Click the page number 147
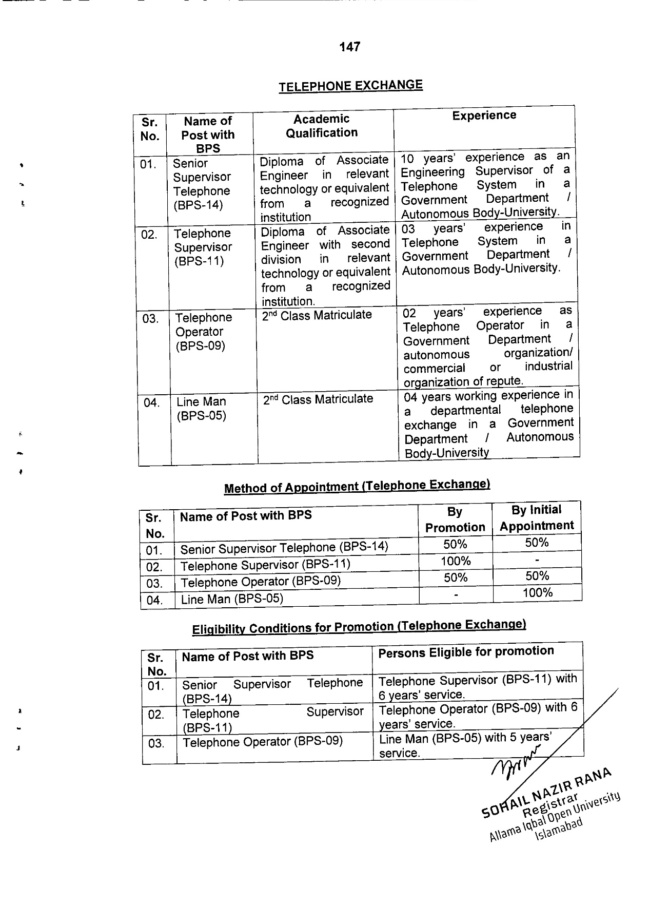pos(349,47)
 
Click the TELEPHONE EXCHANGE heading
pos(351,86)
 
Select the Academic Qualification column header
pos(322,126)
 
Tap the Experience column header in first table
pos(484,115)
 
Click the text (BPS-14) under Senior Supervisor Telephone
pos(198,205)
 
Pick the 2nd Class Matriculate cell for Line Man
pos(318,399)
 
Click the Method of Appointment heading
pos(357,486)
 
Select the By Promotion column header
pos(455,519)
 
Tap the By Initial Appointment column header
pos(537,517)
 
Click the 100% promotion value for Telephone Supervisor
pos(456,561)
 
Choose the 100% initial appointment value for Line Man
pos(537,593)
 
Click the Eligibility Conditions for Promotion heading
pos(359,627)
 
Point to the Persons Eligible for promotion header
pos(466,651)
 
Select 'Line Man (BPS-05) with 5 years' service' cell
pos(465,745)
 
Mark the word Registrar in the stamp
pos(550,805)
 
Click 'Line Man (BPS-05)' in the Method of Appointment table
pos(232,599)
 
